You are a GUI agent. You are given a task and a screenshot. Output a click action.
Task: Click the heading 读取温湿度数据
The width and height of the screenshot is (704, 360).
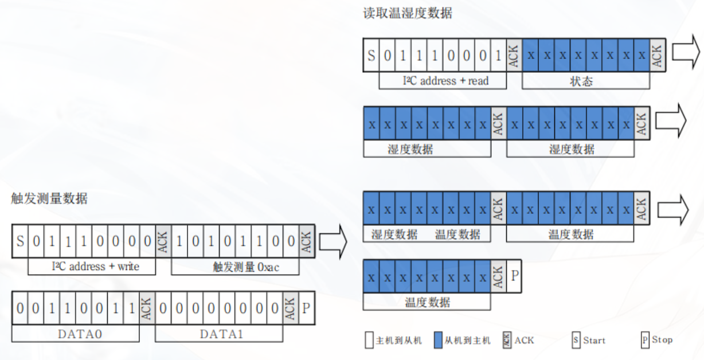click(x=408, y=13)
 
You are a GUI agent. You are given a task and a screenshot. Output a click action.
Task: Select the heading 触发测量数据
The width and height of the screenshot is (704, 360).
click(x=49, y=199)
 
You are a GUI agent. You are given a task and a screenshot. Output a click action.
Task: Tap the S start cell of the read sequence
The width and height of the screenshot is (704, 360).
click(x=371, y=56)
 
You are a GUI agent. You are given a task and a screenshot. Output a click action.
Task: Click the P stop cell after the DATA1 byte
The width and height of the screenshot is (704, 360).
click(x=306, y=308)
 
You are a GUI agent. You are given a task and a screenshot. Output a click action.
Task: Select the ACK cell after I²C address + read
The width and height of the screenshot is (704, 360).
click(x=514, y=56)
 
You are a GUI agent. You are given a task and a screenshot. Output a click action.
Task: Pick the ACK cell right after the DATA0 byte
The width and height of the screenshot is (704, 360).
click(x=147, y=308)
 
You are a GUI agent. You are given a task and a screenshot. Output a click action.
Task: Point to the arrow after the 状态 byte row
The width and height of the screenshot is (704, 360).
click(x=686, y=54)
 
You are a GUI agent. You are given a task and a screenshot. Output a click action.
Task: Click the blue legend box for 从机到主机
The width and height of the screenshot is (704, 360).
click(x=439, y=341)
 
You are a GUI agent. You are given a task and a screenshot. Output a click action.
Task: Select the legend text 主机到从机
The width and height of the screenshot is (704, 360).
click(x=398, y=341)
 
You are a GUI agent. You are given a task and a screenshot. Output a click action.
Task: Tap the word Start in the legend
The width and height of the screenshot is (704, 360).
click(x=595, y=341)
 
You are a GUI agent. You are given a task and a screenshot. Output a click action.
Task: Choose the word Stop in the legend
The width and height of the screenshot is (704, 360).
click(x=662, y=340)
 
